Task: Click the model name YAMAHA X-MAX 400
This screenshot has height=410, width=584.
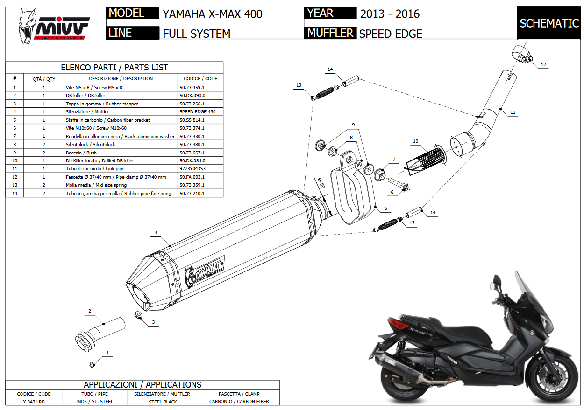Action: tap(212, 14)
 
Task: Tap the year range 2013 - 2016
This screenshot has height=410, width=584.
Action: tap(390, 14)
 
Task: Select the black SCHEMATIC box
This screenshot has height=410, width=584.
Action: tap(549, 23)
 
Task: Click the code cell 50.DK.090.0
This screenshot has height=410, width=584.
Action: tap(192, 96)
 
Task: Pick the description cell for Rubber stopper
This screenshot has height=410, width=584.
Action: tap(121, 104)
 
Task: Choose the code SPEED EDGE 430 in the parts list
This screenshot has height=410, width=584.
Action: tap(197, 112)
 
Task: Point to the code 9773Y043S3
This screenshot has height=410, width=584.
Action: tap(192, 169)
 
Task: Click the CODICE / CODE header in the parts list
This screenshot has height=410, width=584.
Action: tap(200, 78)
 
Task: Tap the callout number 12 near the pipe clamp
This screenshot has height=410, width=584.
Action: tap(543, 65)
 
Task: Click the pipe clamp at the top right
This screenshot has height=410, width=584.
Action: tap(522, 54)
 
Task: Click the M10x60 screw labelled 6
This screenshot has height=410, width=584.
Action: tap(399, 185)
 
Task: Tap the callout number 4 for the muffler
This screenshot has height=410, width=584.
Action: tap(156, 232)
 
